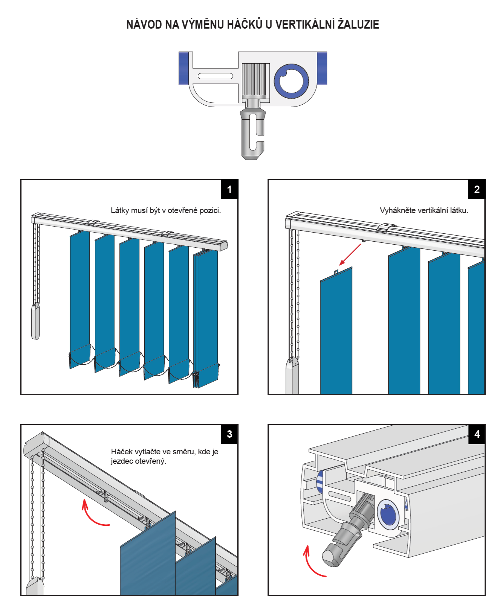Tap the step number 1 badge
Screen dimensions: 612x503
229,189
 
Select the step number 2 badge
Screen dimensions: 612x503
477,189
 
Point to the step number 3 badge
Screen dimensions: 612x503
229,434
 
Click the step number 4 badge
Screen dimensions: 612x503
477,434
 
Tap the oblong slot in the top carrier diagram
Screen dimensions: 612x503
216,76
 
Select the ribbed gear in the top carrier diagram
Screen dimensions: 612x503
254,79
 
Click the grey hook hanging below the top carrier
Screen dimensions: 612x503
252,134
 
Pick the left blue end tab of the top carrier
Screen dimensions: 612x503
183,68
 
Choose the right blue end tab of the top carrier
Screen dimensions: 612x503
322,68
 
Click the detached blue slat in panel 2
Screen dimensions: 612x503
336,331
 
